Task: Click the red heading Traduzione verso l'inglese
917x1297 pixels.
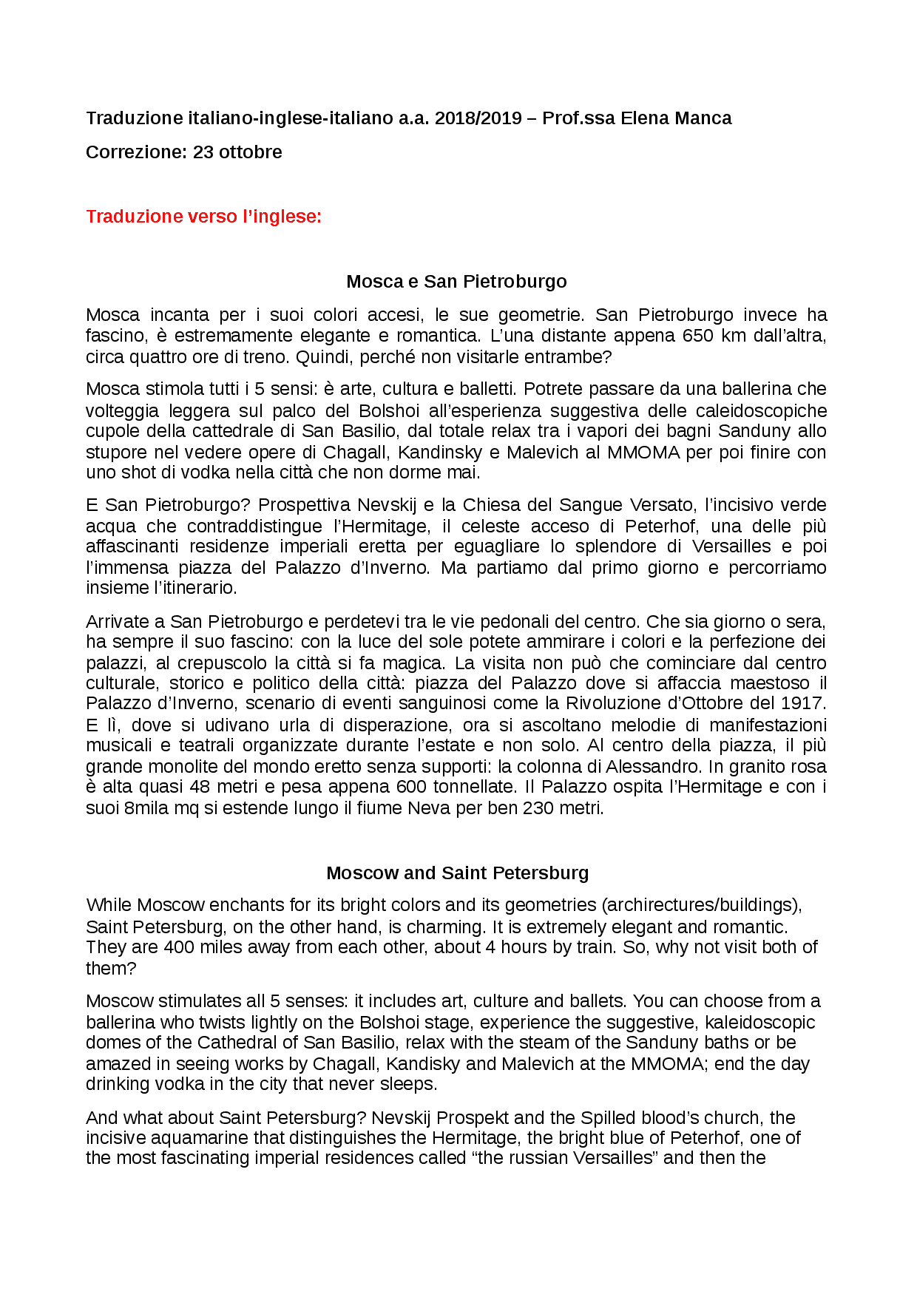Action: pyautogui.click(x=203, y=217)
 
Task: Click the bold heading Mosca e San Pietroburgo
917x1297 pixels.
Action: pyautogui.click(x=456, y=282)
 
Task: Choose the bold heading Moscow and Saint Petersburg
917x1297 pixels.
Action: pyautogui.click(x=457, y=873)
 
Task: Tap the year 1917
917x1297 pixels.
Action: pyautogui.click(x=805, y=703)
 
